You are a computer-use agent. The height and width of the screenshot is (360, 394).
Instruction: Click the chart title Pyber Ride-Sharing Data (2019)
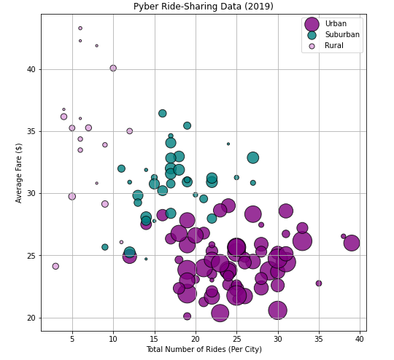204,7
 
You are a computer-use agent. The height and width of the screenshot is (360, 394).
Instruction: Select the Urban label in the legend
336,24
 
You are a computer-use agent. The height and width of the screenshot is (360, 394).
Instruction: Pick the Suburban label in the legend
341,35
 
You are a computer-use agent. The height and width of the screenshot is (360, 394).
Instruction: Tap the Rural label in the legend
333,46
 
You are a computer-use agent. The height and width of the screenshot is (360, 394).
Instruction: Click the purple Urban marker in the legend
312,24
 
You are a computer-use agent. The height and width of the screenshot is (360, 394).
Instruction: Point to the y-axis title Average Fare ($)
19,173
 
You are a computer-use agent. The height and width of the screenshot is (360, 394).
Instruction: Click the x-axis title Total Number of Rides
204,350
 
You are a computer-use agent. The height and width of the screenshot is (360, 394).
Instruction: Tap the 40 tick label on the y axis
30,69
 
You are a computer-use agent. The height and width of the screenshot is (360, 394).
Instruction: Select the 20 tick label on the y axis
30,318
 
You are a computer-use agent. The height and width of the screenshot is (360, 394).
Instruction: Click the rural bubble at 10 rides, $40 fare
113,69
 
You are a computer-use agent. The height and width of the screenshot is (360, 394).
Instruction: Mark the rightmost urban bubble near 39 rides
352,243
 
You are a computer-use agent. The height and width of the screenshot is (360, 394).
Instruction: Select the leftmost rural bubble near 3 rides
55,267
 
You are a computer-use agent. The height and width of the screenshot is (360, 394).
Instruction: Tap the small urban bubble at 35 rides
319,283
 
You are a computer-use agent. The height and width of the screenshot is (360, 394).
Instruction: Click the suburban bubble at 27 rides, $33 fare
252,158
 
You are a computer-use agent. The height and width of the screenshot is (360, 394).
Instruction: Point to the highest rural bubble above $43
80,28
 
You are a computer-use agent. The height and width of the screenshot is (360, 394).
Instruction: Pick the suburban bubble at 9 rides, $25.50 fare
105,247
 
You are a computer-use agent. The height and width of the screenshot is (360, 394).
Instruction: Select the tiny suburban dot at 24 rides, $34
228,144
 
